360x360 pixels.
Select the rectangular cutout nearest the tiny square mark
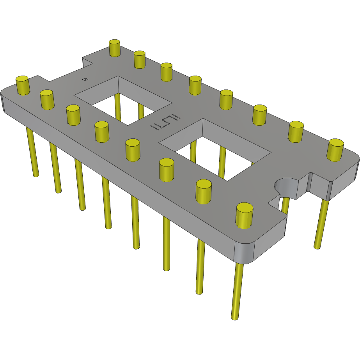[123, 101]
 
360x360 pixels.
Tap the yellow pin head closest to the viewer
[245, 216]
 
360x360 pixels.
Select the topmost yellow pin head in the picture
[114, 48]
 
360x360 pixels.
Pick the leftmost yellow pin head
[23, 85]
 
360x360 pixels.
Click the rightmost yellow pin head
[335, 149]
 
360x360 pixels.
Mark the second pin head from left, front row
[46, 99]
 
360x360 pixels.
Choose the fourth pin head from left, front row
[101, 131]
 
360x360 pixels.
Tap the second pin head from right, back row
[296, 131]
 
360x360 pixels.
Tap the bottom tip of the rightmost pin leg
[317, 247]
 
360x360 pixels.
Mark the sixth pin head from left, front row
[167, 170]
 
